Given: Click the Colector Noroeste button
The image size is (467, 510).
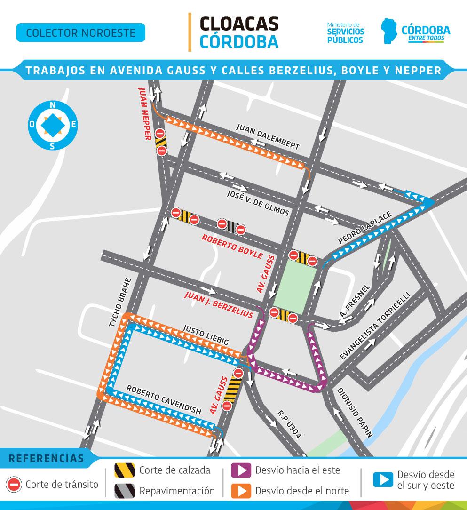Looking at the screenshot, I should tap(80, 33).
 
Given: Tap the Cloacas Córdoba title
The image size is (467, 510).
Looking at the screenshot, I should tap(239, 32).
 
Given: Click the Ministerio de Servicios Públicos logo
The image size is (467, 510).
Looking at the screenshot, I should tap(345, 32).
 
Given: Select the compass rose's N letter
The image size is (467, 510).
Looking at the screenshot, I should tap(53, 105).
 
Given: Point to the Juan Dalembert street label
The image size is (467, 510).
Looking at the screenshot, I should tap(268, 137).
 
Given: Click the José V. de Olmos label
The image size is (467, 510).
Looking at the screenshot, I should tap(258, 203).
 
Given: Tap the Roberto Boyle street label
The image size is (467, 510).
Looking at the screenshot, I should tap(232, 246).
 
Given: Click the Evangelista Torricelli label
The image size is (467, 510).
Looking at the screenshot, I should tap(375, 326).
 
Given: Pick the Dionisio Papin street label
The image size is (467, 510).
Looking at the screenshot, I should tap(355, 413).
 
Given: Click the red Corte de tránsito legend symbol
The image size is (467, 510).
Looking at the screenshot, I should tap(14, 484).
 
